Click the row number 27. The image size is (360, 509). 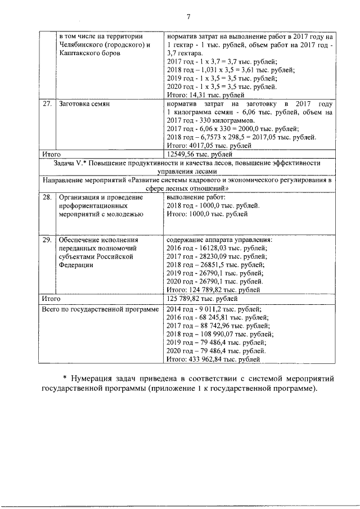(48, 105)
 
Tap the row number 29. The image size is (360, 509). (48, 240)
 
